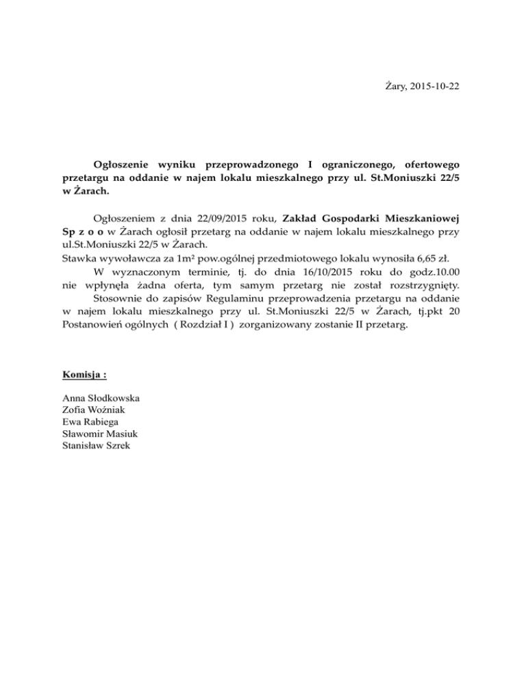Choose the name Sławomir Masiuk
coord(98,434)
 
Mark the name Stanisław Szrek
coord(96,446)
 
